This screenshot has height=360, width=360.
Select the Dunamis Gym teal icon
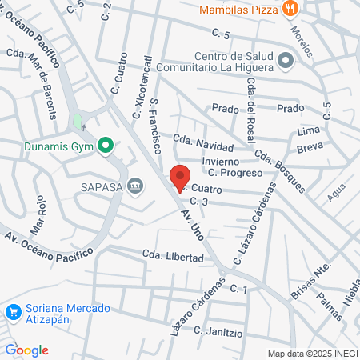[x=104, y=146]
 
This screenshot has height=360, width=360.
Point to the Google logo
[x=26, y=350]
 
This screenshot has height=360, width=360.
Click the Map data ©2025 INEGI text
[x=312, y=353]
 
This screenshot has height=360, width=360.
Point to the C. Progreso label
[x=235, y=172]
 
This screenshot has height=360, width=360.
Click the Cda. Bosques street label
[x=280, y=170]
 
